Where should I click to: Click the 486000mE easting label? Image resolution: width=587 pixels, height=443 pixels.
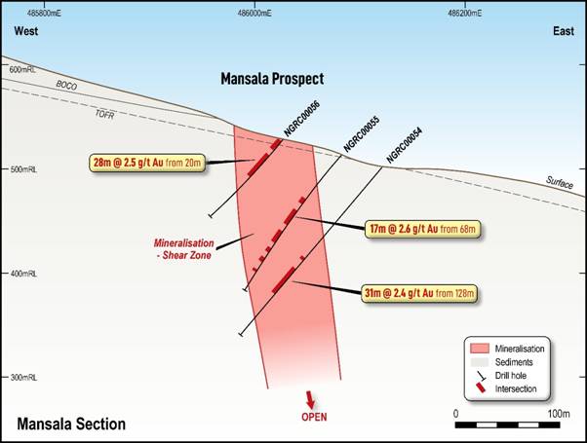pyautogui.click(x=254, y=14)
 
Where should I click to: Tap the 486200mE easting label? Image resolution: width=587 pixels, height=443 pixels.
pyautogui.click(x=465, y=14)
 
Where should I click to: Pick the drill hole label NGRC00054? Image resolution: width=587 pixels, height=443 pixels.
pyautogui.click(x=404, y=143)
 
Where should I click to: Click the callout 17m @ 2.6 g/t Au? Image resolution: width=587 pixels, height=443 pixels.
pyautogui.click(x=424, y=230)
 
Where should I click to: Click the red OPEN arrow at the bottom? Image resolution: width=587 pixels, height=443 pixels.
pyautogui.click(x=311, y=399)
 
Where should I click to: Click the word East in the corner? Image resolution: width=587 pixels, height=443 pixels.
pyautogui.click(x=563, y=31)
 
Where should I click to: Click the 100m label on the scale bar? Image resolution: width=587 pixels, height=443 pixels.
pyautogui.click(x=559, y=414)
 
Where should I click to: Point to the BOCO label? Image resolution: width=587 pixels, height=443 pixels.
pyautogui.click(x=66, y=86)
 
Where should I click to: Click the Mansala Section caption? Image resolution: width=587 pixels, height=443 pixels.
pyautogui.click(x=71, y=424)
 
